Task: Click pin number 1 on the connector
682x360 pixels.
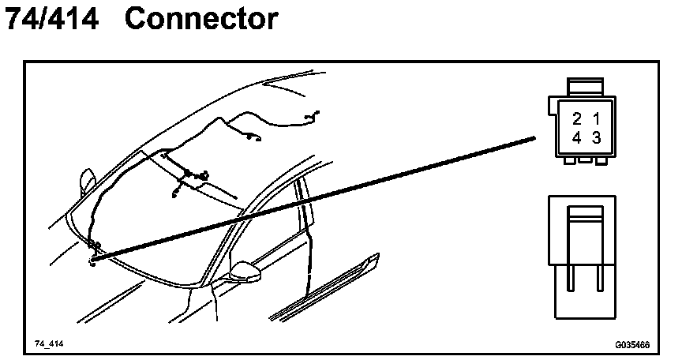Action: tap(596, 119)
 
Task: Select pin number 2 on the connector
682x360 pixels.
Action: tap(577, 119)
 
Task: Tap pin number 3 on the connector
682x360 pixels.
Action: tap(596, 137)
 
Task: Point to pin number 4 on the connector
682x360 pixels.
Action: tap(577, 137)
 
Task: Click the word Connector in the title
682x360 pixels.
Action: tap(201, 20)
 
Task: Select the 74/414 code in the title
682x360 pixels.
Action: tap(52, 20)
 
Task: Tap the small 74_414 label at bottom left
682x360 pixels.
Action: tap(48, 345)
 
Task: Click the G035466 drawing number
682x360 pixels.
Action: tap(632, 345)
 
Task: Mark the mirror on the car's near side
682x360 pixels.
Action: tap(245, 272)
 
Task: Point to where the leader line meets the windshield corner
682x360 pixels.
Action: tap(93, 257)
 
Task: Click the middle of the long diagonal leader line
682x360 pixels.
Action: tap(316, 197)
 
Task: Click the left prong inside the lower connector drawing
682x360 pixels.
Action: tap(568, 280)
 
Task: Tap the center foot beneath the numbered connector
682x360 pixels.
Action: tap(586, 160)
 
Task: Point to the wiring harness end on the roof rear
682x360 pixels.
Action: tap(313, 117)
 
